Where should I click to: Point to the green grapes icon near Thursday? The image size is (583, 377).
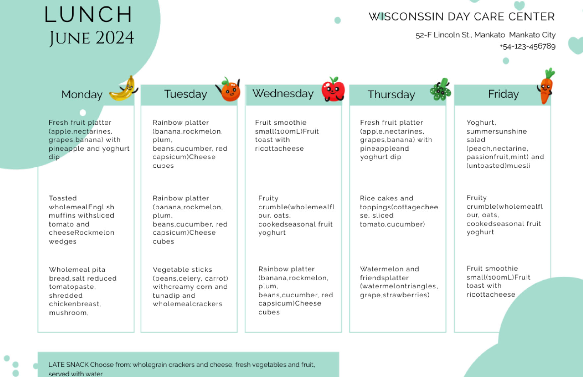(441, 90)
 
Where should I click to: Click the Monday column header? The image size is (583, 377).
(82, 95)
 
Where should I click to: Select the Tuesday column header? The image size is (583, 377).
(185, 94)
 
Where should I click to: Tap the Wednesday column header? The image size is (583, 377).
(283, 94)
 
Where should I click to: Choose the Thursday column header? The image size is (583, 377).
(391, 95)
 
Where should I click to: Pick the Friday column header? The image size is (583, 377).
(503, 94)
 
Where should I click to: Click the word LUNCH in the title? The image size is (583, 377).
(88, 15)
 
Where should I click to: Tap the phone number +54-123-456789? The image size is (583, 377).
(527, 46)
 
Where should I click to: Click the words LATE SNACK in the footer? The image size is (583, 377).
(69, 365)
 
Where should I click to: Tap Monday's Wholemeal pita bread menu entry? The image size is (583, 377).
(83, 291)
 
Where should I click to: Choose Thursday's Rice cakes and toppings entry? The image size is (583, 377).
(399, 211)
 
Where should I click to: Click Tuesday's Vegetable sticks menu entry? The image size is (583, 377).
(190, 287)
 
